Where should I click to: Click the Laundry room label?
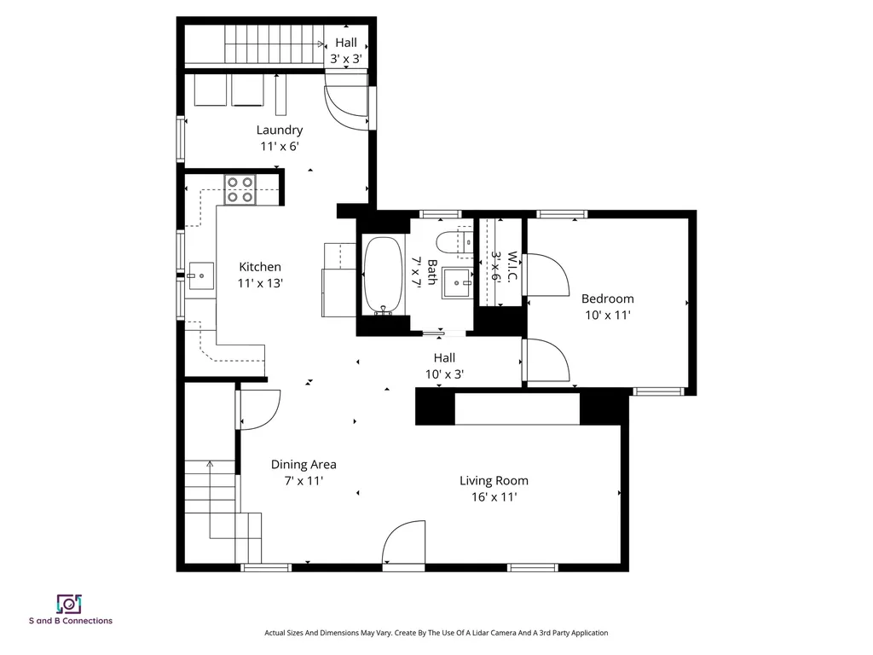(x=280, y=130)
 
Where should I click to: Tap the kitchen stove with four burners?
(x=240, y=189)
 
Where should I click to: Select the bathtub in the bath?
(x=383, y=277)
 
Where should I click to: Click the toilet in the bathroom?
(x=450, y=242)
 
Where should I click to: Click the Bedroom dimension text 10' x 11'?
(x=607, y=315)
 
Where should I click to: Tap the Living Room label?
(x=494, y=480)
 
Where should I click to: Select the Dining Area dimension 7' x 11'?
(x=304, y=481)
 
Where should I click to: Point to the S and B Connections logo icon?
(x=69, y=604)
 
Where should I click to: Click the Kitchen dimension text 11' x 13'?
(x=259, y=282)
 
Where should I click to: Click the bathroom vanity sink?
(x=458, y=281)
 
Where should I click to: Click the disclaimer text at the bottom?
(x=436, y=633)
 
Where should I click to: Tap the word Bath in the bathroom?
(x=432, y=272)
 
